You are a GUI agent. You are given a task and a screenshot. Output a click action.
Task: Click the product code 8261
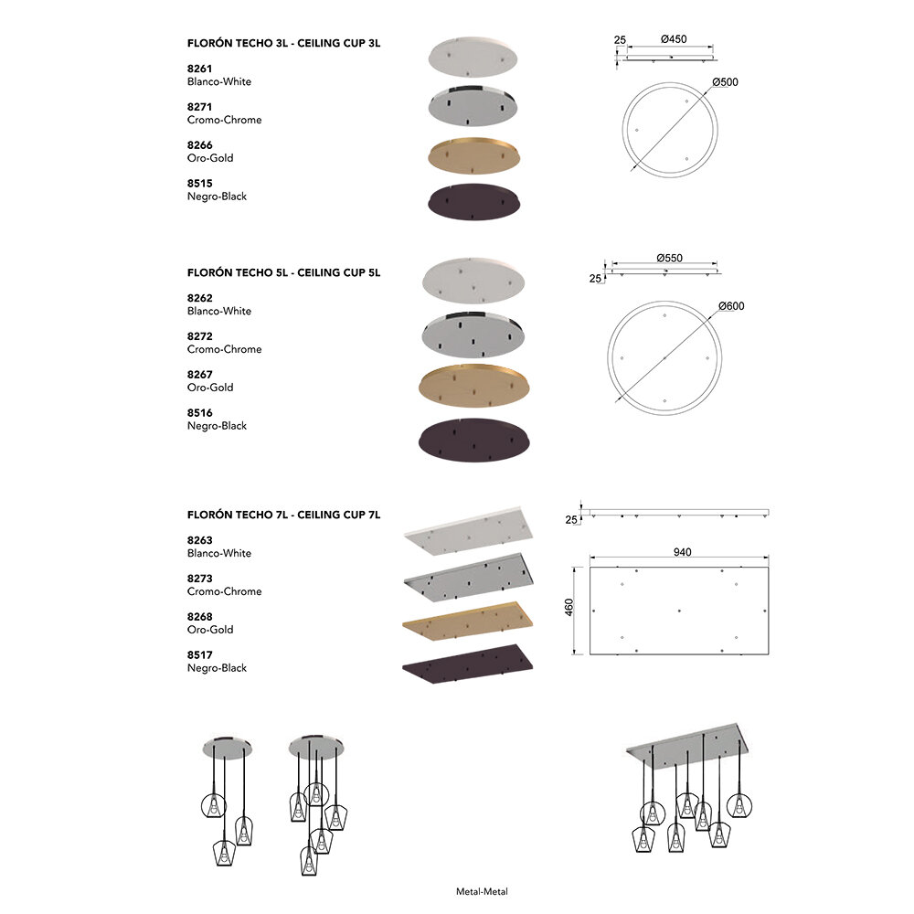(x=200, y=68)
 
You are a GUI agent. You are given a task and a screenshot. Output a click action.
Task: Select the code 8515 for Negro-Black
(x=200, y=183)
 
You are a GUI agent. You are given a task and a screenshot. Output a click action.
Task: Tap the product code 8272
(x=200, y=335)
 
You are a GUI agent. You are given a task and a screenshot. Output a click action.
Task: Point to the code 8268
(x=200, y=616)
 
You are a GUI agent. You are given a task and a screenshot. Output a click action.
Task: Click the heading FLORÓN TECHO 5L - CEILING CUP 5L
(x=283, y=272)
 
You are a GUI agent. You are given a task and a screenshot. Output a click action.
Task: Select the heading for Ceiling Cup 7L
(x=283, y=515)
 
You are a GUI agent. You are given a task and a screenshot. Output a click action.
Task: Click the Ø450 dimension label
(x=673, y=39)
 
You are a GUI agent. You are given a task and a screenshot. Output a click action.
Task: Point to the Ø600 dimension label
(x=731, y=305)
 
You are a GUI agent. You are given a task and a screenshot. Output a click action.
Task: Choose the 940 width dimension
(x=682, y=551)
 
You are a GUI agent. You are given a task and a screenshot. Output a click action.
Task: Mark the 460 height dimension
(x=569, y=608)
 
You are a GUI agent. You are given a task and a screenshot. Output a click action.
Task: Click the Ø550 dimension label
(x=670, y=258)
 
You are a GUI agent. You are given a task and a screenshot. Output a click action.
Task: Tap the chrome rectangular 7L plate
(x=466, y=576)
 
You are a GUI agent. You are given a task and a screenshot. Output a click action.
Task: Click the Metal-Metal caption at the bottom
(x=482, y=891)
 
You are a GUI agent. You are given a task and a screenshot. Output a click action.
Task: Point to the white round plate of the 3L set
(x=473, y=56)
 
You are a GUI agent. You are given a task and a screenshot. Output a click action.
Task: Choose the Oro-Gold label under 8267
(x=210, y=388)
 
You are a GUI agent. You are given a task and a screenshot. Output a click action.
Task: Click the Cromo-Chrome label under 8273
(x=224, y=591)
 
